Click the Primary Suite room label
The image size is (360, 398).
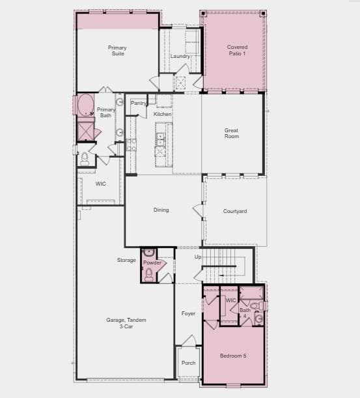117,51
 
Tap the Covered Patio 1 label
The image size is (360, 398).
237,50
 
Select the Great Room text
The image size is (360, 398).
231,134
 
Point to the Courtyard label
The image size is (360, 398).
235,211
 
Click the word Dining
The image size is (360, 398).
161,210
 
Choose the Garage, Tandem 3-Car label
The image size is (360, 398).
126,323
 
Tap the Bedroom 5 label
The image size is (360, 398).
233,356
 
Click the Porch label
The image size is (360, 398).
189,363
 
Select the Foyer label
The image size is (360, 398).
189,314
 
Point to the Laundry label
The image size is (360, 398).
180,56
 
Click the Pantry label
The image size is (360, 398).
138,103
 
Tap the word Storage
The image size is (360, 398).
126,260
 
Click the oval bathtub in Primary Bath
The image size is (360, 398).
85,105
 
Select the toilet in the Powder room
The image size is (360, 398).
149,275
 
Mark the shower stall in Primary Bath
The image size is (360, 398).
85,132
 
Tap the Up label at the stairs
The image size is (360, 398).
198,257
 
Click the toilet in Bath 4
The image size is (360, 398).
255,306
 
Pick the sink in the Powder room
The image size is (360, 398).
149,253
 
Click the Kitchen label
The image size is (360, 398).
162,114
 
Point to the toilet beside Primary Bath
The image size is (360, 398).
85,159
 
